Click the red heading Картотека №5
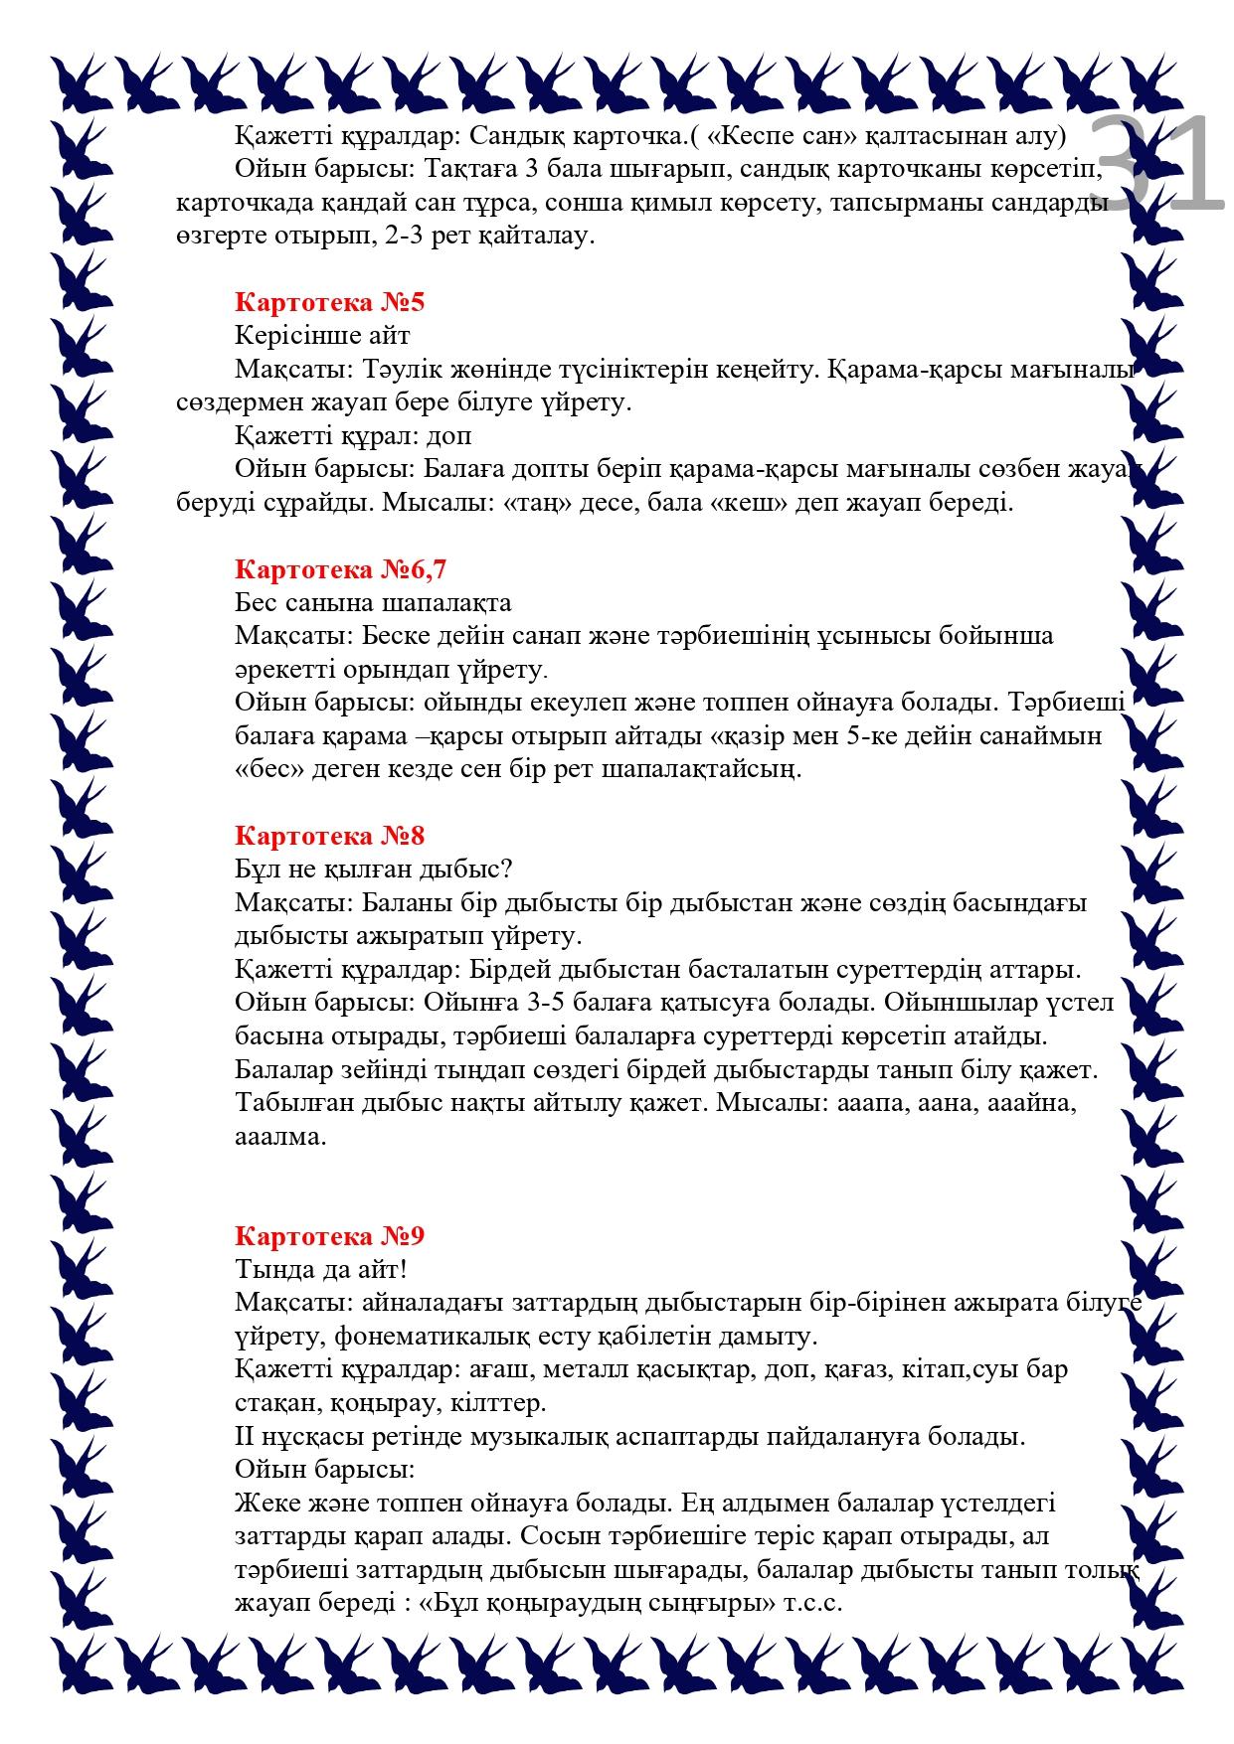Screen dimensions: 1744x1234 [x=330, y=302]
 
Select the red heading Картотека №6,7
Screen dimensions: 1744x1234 [x=341, y=569]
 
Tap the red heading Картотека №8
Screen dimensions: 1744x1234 [x=330, y=836]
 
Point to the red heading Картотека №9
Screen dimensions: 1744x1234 [x=330, y=1236]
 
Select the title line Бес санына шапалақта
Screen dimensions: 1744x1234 [x=373, y=603]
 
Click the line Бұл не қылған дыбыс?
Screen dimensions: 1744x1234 [x=373, y=870]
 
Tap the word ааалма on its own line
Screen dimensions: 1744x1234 [x=280, y=1137]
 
